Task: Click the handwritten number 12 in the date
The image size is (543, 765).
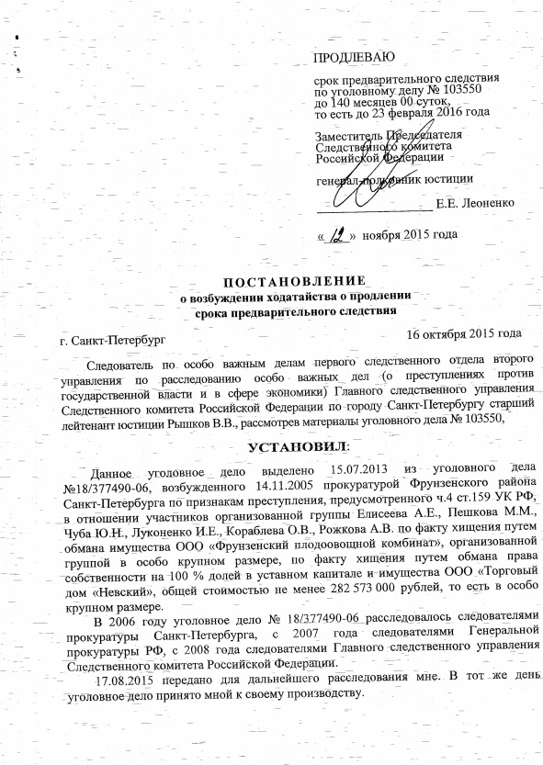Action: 339,233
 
